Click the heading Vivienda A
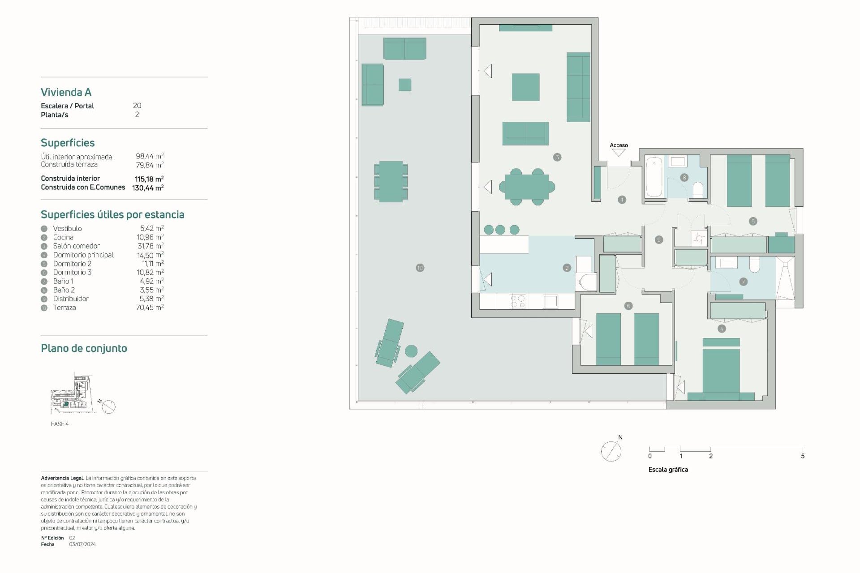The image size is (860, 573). tap(66, 92)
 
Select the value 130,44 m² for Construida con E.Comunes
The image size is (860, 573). tap(148, 188)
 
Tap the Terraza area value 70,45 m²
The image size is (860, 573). tap(150, 308)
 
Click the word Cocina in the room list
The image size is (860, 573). tap(63, 237)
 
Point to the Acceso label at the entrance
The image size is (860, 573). tap(619, 145)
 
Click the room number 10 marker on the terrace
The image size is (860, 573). tap(420, 268)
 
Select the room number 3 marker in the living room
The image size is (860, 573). tap(557, 157)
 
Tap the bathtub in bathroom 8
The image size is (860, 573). tap(654, 176)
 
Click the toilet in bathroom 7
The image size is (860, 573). tap(754, 265)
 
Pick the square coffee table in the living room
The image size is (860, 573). tap(525, 87)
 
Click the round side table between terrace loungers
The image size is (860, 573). tap(411, 351)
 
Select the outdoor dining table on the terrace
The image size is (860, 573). tap(391, 182)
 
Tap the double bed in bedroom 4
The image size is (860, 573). tap(721, 372)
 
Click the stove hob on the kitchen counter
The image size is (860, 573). tap(518, 301)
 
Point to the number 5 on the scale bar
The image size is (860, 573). tap(802, 456)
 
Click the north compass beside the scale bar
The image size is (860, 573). tap(611, 451)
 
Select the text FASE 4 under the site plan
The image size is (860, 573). tap(60, 424)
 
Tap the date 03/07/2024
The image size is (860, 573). tap(82, 544)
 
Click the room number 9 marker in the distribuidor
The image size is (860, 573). tap(658, 240)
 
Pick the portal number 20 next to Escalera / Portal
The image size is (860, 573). tap(137, 106)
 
